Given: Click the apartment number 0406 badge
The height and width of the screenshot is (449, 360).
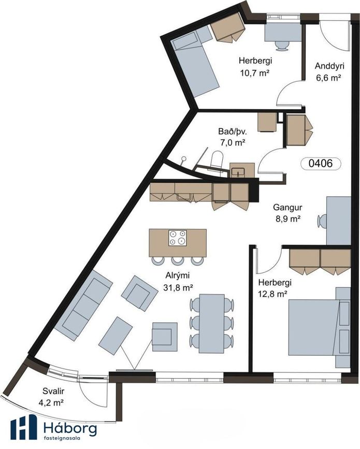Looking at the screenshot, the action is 321,164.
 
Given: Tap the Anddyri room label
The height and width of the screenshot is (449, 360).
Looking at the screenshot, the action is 329,66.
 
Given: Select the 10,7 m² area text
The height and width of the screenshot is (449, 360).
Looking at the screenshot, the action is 255,73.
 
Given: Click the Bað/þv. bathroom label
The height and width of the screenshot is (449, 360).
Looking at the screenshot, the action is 232,132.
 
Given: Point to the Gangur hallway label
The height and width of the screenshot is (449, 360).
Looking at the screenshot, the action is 287,207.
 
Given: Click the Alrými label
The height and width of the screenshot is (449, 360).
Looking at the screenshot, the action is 178,276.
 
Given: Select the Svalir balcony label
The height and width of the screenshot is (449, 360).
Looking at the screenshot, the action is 53,391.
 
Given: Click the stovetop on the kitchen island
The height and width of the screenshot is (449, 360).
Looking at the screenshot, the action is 178,238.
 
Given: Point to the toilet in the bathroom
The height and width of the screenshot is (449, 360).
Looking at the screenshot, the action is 217,160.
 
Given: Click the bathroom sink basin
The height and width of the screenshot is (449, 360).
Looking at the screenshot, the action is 238,172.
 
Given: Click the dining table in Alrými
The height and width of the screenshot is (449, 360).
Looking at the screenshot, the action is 212,323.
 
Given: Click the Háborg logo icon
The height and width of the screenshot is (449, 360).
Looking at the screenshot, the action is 24,427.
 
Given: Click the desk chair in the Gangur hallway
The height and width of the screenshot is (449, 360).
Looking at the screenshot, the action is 322,221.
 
